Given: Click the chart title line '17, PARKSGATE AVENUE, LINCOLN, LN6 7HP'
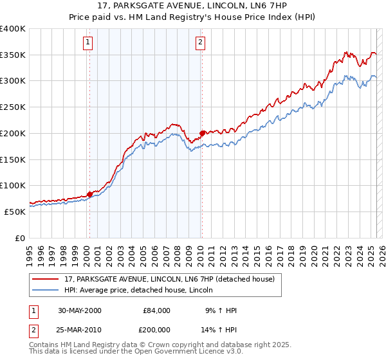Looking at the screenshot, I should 192,7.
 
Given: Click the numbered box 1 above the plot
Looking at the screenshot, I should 87,43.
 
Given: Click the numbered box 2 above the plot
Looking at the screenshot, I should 201,43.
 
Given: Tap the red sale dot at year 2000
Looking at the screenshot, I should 90,194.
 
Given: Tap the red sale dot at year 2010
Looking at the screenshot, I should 202,133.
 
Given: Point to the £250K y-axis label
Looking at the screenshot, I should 13,107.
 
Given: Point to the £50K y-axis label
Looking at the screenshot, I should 15,211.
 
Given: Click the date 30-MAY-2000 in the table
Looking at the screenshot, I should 80,310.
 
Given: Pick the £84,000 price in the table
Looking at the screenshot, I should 156,310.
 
